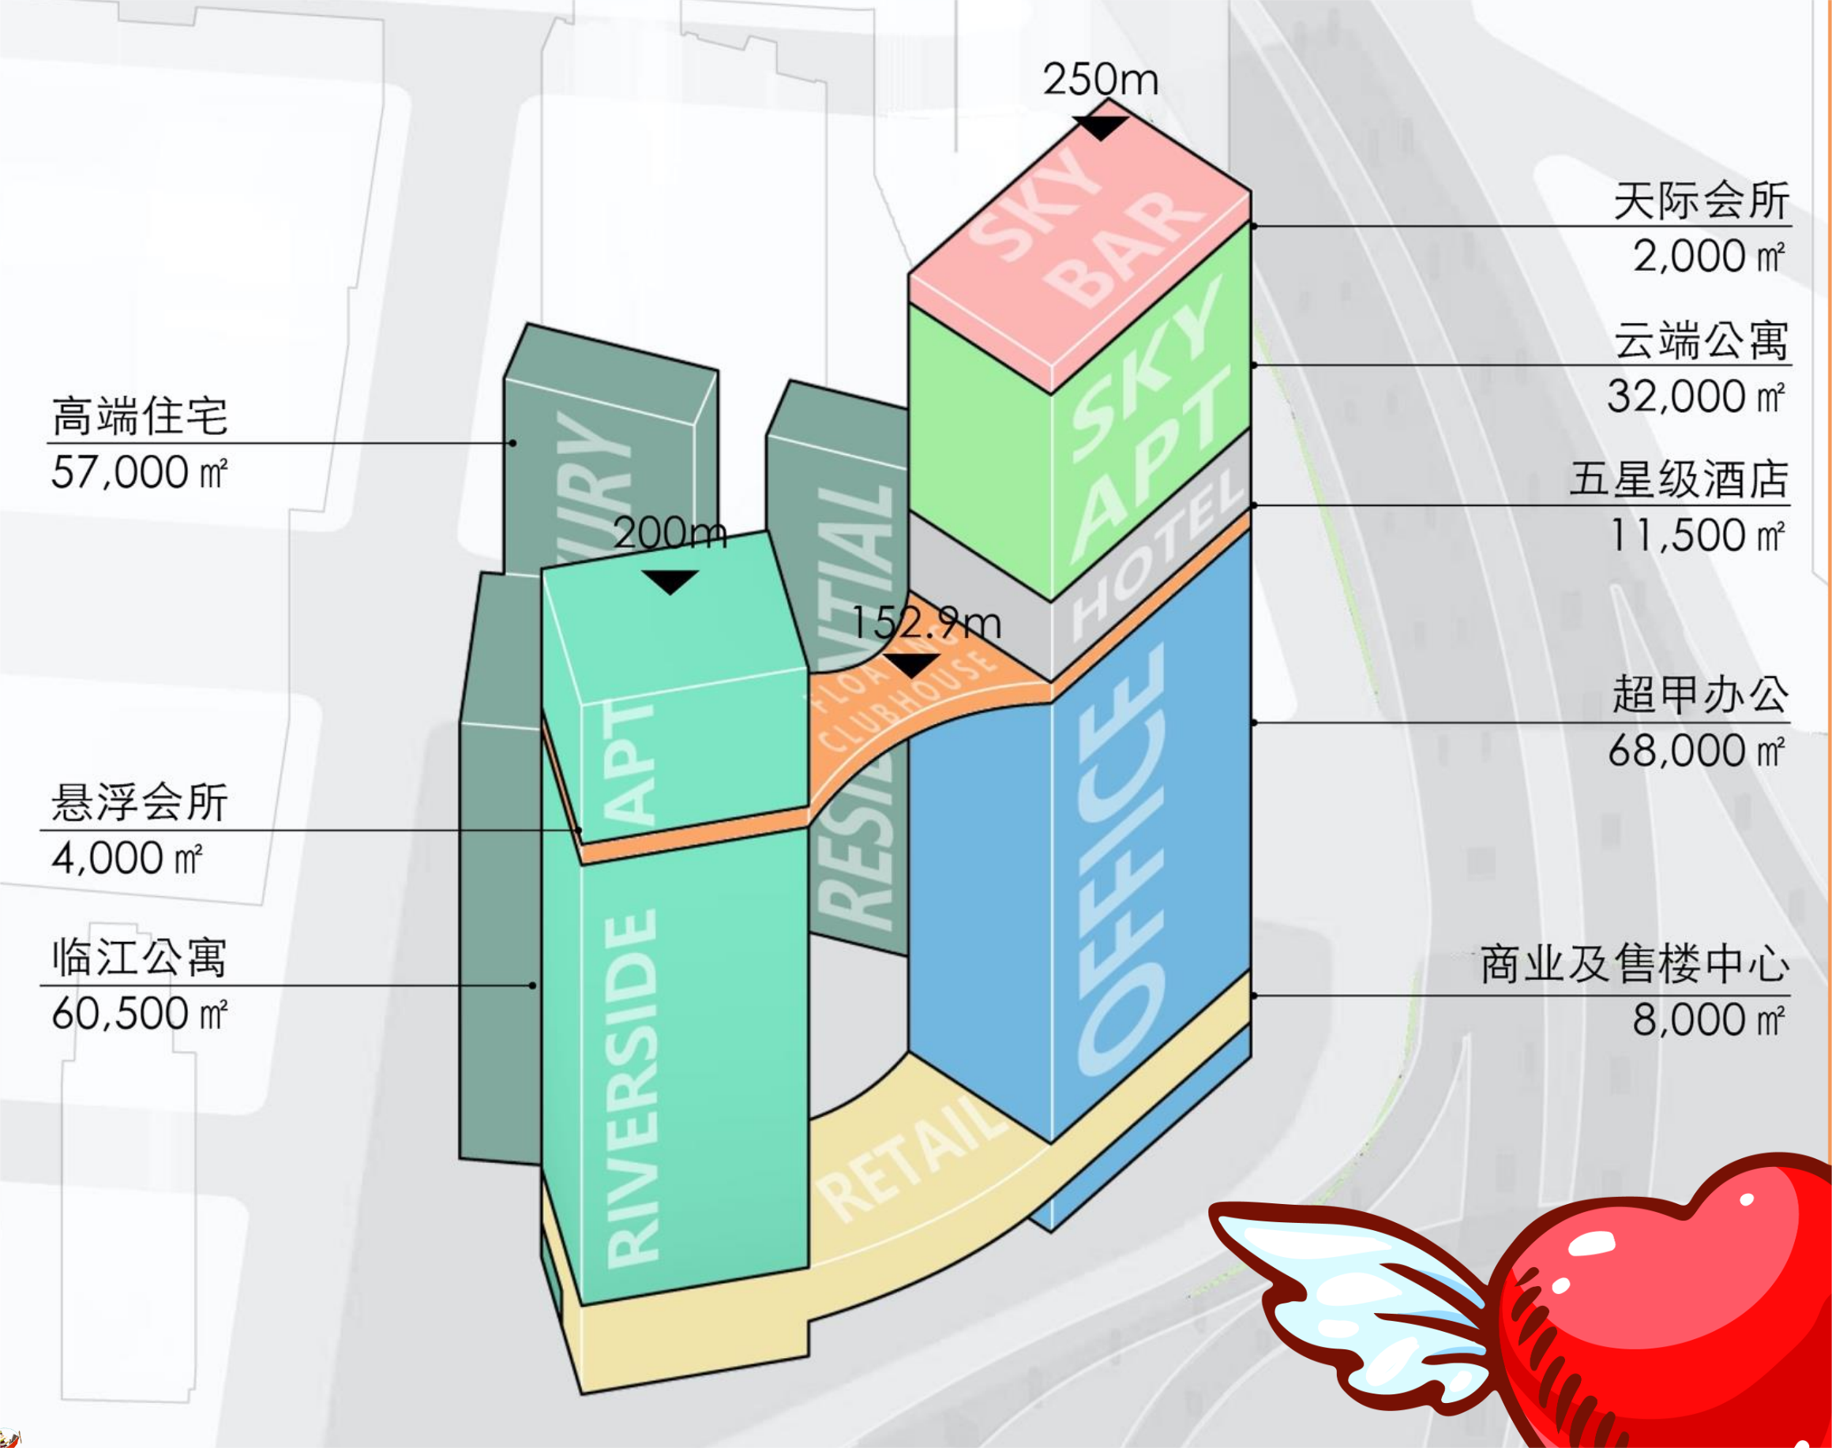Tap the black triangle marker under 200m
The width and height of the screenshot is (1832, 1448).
[670, 582]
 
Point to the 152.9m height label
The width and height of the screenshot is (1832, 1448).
[925, 624]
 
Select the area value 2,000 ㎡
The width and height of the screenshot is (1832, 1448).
[1707, 256]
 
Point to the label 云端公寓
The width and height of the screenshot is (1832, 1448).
[1700, 341]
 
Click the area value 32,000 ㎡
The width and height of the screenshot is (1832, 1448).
[1695, 396]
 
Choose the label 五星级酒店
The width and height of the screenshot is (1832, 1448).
[1678, 480]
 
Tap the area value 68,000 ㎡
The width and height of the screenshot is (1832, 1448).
[1695, 751]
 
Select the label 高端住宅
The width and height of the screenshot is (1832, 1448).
[140, 416]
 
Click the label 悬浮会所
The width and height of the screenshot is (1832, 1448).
[140, 802]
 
